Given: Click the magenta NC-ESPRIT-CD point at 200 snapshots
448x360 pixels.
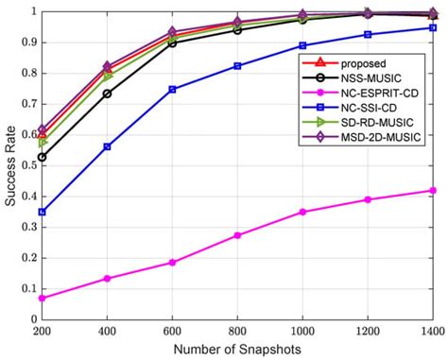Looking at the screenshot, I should (x=42, y=298).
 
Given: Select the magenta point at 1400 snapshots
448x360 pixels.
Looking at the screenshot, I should (x=433, y=191).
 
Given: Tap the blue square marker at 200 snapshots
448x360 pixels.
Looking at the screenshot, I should (x=42, y=212).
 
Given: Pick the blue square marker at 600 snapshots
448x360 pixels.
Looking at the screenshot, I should (x=172, y=89).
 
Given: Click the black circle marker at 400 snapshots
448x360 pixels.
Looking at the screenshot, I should (x=107, y=94).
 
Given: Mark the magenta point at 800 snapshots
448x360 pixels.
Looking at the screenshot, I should (x=237, y=235).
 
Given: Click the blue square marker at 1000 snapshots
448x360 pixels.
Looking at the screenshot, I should (x=302, y=45).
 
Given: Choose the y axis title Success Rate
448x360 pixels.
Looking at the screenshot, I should (x=9, y=165).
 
